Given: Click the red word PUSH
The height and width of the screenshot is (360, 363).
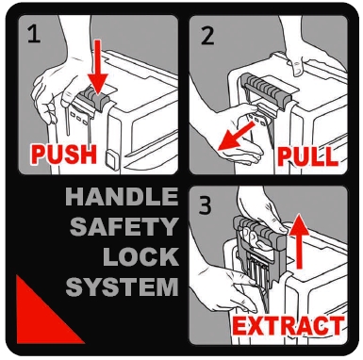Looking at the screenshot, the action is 63,154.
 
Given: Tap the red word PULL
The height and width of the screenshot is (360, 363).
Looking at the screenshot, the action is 307,156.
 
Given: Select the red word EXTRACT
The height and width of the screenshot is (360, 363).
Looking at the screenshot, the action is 289,325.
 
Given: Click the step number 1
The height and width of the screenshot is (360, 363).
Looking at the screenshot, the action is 34,34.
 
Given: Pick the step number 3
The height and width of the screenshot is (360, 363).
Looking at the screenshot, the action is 206,205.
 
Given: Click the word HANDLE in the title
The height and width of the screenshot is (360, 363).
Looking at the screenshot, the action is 122,197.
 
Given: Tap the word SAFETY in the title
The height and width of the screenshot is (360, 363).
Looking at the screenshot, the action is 124,226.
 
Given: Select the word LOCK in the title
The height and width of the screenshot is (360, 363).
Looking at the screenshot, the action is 140,256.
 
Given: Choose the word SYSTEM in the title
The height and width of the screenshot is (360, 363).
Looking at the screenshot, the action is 122,286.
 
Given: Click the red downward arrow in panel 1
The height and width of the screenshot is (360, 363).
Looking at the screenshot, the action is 97,66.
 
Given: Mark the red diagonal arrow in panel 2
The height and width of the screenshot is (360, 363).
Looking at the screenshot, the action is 236,136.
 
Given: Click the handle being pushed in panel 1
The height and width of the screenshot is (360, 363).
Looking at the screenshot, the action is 94,100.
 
